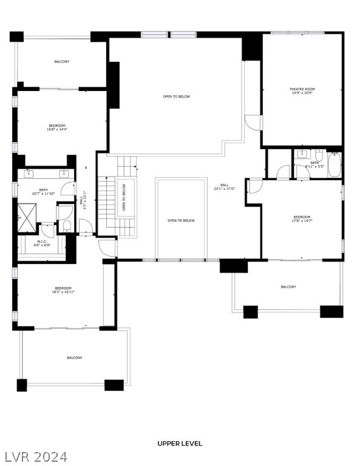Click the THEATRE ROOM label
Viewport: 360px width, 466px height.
point(302,89)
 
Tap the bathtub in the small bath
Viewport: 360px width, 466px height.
point(335,166)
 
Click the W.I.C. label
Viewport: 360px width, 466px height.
point(42,241)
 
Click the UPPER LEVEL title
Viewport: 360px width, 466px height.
point(180,444)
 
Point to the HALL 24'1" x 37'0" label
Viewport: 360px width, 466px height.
point(224,187)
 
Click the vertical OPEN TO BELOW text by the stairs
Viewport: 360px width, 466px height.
point(124,197)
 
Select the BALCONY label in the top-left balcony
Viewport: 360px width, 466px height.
point(61,62)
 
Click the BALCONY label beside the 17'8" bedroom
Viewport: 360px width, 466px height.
point(288,287)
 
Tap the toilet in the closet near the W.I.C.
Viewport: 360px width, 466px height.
point(67,225)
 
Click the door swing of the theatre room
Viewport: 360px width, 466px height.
point(253,122)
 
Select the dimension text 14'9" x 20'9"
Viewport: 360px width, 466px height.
point(302,93)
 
